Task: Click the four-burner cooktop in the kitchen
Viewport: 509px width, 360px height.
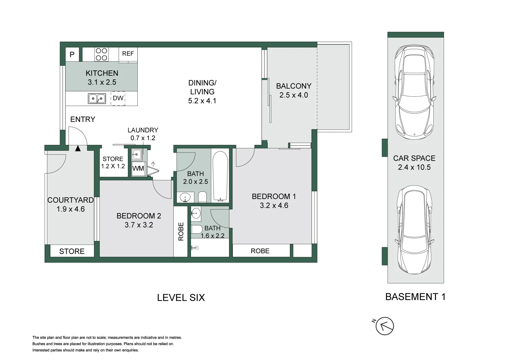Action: (x=101, y=54)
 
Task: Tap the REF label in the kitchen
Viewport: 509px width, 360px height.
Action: (x=128, y=54)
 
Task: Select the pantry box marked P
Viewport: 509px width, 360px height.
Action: (x=72, y=54)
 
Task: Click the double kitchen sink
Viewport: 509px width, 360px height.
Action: (x=97, y=99)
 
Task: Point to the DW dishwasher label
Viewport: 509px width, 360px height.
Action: (x=118, y=98)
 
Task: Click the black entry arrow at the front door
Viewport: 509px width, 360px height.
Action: (x=78, y=148)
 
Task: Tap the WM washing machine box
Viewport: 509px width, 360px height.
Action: (x=138, y=168)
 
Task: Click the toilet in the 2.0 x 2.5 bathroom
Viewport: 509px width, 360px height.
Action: (x=202, y=197)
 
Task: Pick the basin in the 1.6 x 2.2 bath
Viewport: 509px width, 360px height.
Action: (x=196, y=213)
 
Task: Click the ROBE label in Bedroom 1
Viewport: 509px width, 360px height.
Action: (x=260, y=251)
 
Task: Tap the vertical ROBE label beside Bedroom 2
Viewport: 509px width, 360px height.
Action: (x=181, y=231)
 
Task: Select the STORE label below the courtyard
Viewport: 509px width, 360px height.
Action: (x=72, y=251)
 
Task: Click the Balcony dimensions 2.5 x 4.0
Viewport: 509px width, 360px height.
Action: (x=294, y=95)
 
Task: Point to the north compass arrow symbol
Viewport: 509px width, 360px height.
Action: (x=385, y=326)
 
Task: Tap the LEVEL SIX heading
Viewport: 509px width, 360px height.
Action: (x=181, y=297)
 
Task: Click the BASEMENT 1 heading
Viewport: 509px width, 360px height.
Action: (x=415, y=297)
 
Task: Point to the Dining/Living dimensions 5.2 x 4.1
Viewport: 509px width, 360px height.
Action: (x=202, y=101)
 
